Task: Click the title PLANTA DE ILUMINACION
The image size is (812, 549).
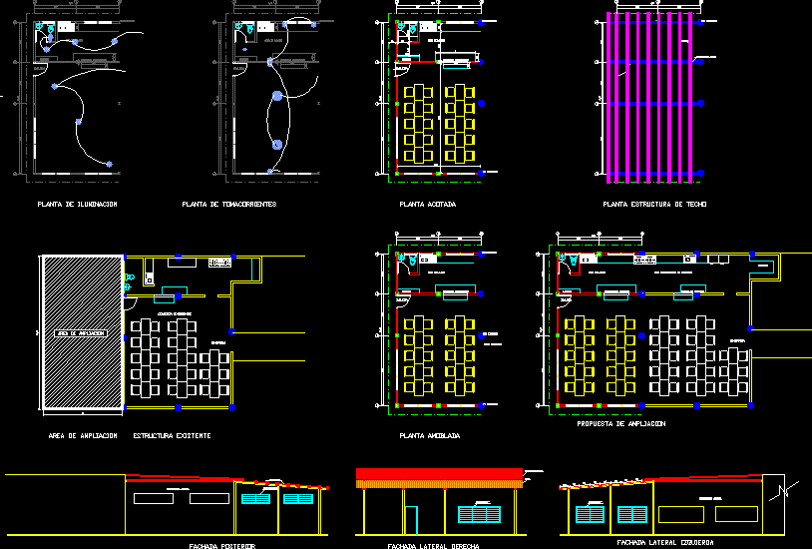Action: pyautogui.click(x=77, y=204)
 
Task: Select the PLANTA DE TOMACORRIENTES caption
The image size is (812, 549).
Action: pyautogui.click(x=228, y=204)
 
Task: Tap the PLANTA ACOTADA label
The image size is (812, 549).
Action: pyautogui.click(x=427, y=204)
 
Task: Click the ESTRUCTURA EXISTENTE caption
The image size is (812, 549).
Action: pyautogui.click(x=172, y=436)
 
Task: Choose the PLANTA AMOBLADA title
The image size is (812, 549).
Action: pyautogui.click(x=429, y=436)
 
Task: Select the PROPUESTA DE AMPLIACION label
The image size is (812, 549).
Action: pyautogui.click(x=620, y=424)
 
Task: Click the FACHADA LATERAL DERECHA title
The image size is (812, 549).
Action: pyautogui.click(x=433, y=546)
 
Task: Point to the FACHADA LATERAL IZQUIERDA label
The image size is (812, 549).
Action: pyautogui.click(x=668, y=542)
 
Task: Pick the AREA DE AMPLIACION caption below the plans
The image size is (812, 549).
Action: pyautogui.click(x=83, y=436)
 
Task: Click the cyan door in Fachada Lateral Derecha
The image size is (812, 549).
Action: pyautogui.click(x=411, y=519)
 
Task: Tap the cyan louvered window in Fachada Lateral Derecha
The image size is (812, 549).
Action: pyautogui.click(x=483, y=514)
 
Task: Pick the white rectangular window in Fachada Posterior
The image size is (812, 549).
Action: pyautogui.click(x=178, y=496)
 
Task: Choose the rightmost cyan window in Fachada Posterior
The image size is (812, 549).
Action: pyautogui.click(x=297, y=497)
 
